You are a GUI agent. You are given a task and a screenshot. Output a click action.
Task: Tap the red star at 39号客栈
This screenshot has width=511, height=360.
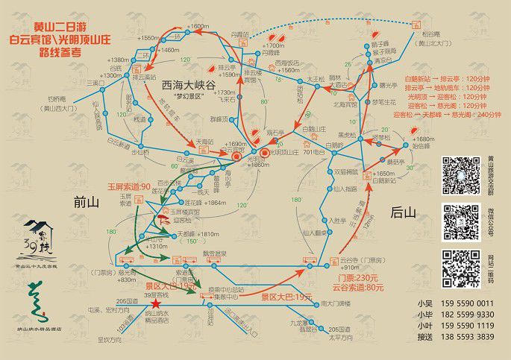click(x=155, y=304)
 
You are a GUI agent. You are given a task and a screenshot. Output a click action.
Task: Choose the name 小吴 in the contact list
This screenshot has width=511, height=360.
click(x=424, y=303)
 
